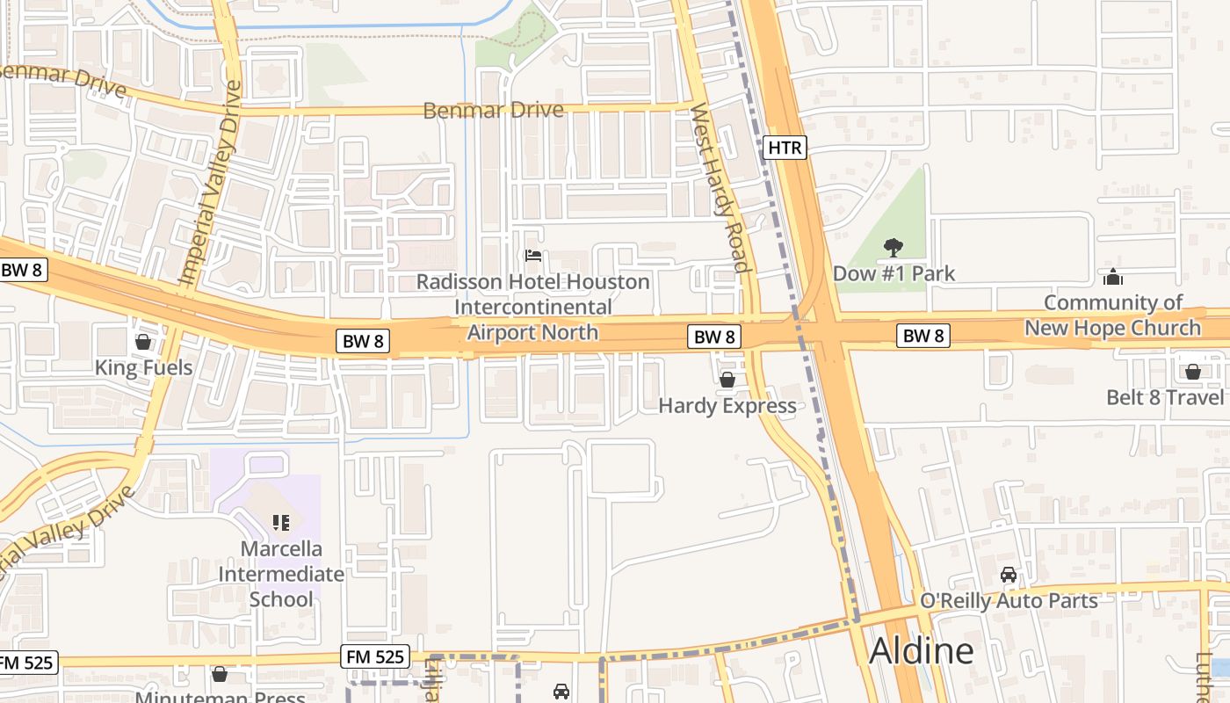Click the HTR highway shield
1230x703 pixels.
pyautogui.click(x=785, y=148)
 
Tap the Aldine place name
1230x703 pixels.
pyautogui.click(x=921, y=651)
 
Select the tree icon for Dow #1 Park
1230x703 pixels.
pyautogui.click(x=894, y=247)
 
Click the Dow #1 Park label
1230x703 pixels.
pyautogui.click(x=894, y=273)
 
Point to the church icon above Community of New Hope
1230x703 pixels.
pyautogui.click(x=1113, y=277)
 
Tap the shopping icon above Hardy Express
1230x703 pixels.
pyautogui.click(x=727, y=380)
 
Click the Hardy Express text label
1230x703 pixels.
pyautogui.click(x=727, y=406)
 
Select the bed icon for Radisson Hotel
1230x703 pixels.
pyautogui.click(x=532, y=257)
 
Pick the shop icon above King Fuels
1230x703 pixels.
pyautogui.click(x=143, y=341)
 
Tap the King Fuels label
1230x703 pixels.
pyautogui.click(x=143, y=367)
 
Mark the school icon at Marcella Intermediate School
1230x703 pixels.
pyautogui.click(x=281, y=523)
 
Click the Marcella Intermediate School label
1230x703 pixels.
pyautogui.click(x=281, y=574)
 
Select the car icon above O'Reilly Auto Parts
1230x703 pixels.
pyautogui.click(x=1009, y=575)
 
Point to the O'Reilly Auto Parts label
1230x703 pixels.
pyautogui.click(x=1009, y=601)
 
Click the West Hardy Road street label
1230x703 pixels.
pyautogui.click(x=719, y=188)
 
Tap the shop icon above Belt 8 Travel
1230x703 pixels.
pyautogui.click(x=1192, y=372)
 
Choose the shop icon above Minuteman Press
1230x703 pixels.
pyautogui.click(x=220, y=674)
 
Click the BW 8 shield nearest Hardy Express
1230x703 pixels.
pyautogui.click(x=713, y=337)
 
